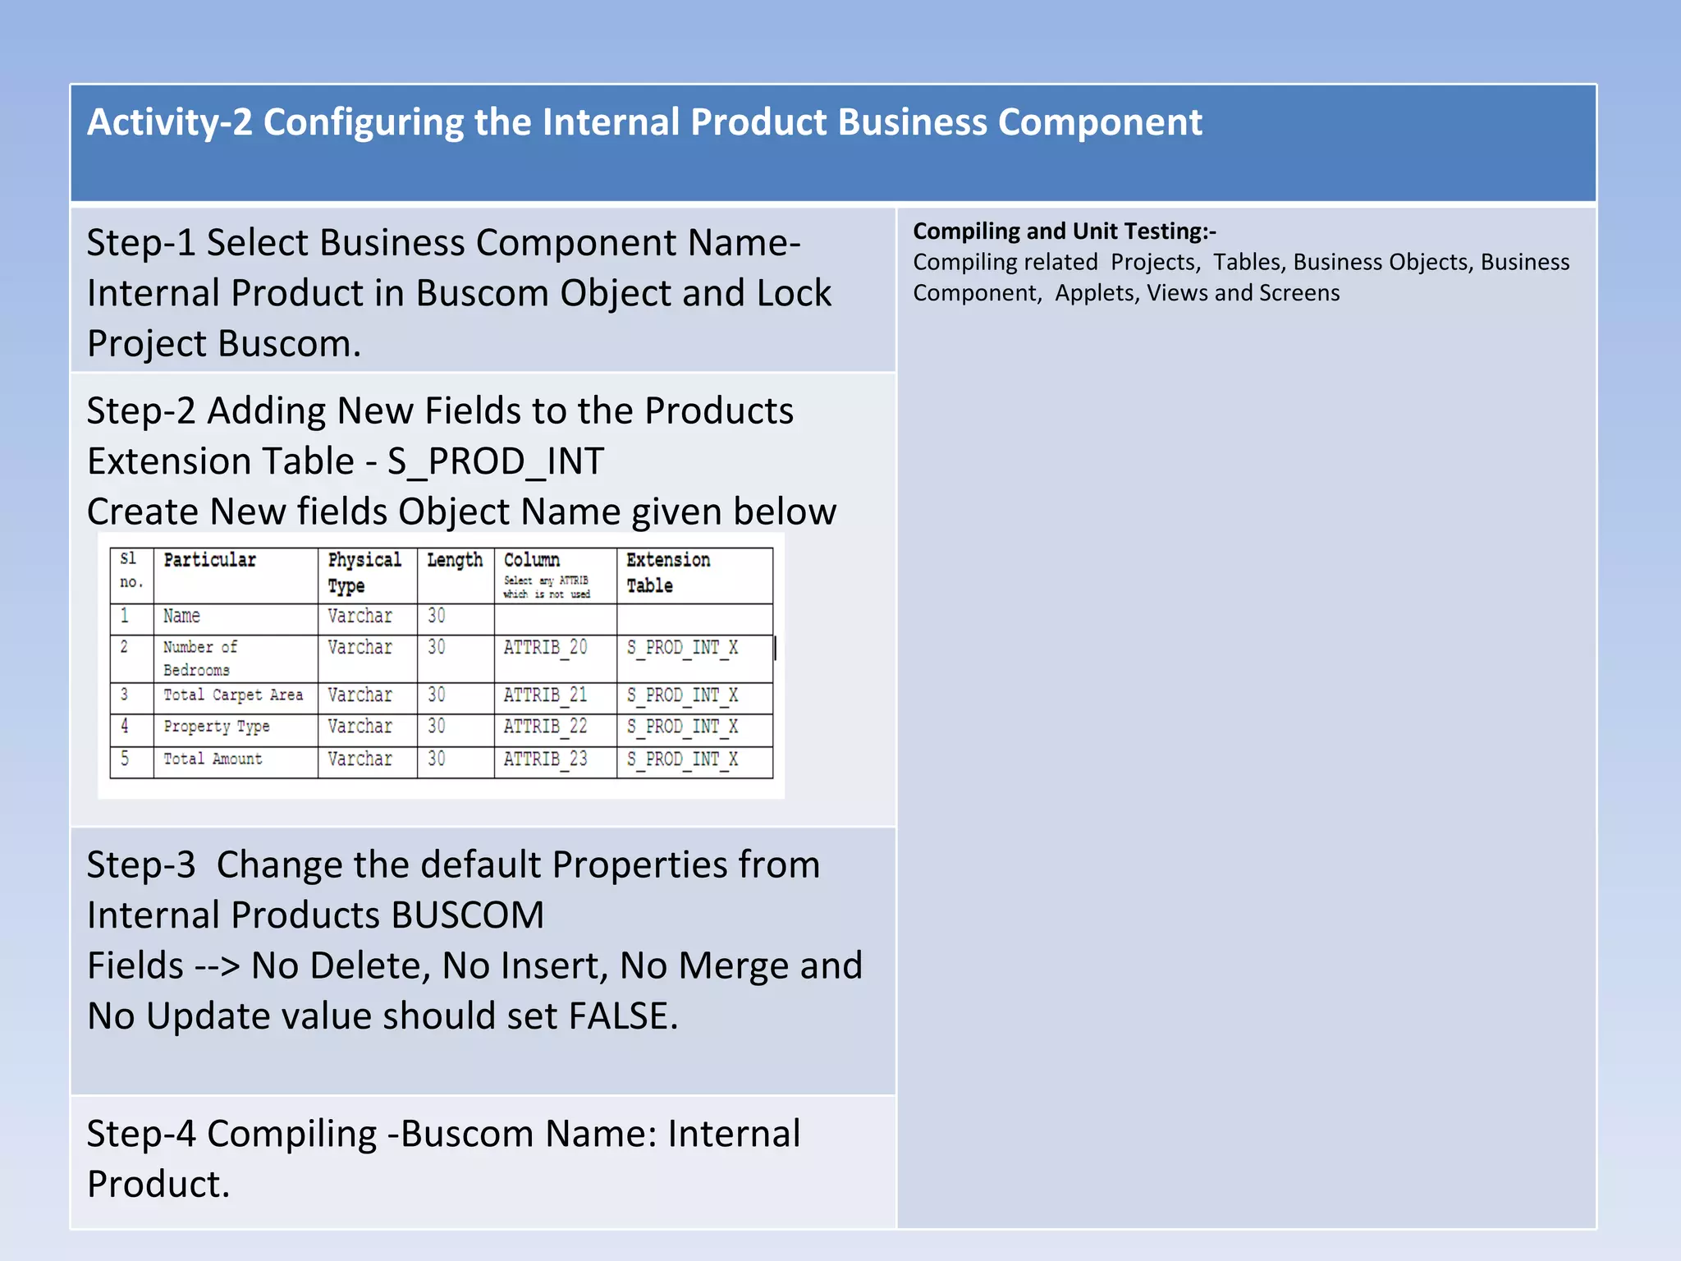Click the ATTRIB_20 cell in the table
point(545,648)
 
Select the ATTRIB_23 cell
point(545,759)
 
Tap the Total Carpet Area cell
point(233,695)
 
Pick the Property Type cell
point(217,727)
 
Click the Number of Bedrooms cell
point(199,658)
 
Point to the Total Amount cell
point(213,759)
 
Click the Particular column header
point(210,561)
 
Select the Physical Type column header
point(364,572)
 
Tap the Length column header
point(455,561)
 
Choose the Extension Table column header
point(667,572)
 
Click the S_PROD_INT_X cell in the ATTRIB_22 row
point(682,727)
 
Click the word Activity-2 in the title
point(170,123)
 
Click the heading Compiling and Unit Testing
point(1064,232)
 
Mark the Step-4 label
point(141,1135)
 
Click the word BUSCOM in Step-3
point(468,915)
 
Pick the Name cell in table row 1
point(181,617)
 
